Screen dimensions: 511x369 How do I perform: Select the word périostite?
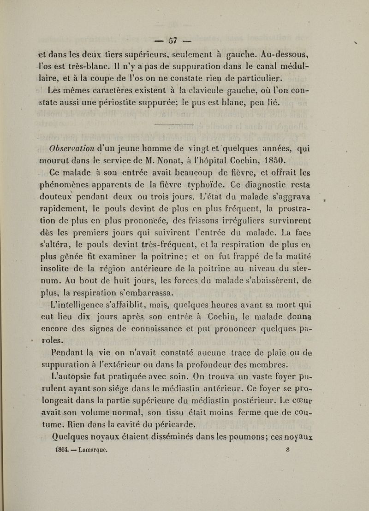coord(169,114)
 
